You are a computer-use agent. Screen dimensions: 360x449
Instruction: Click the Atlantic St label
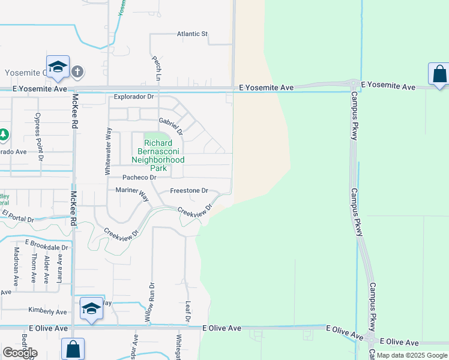pyautogui.click(x=192, y=34)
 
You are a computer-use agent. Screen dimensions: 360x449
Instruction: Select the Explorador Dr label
pyautogui.click(x=134, y=96)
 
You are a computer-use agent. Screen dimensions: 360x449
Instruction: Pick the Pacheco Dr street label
pyautogui.click(x=139, y=178)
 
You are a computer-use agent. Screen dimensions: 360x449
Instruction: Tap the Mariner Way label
pyautogui.click(x=132, y=193)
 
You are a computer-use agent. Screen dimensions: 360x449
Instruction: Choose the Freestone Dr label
pyautogui.click(x=188, y=191)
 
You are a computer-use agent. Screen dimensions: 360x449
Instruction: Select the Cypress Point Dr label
pyautogui.click(x=38, y=137)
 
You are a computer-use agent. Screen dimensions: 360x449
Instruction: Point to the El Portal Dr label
pyautogui.click(x=17, y=215)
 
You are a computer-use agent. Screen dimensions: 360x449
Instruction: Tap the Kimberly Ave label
pyautogui.click(x=47, y=311)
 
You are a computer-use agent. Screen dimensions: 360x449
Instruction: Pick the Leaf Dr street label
pyautogui.click(x=187, y=310)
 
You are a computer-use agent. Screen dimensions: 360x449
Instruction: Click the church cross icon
pyautogui.click(x=77, y=72)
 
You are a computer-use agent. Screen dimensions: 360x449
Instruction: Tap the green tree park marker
pyautogui.click(x=3, y=134)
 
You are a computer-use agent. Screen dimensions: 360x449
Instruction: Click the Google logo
pyautogui.click(x=20, y=352)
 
